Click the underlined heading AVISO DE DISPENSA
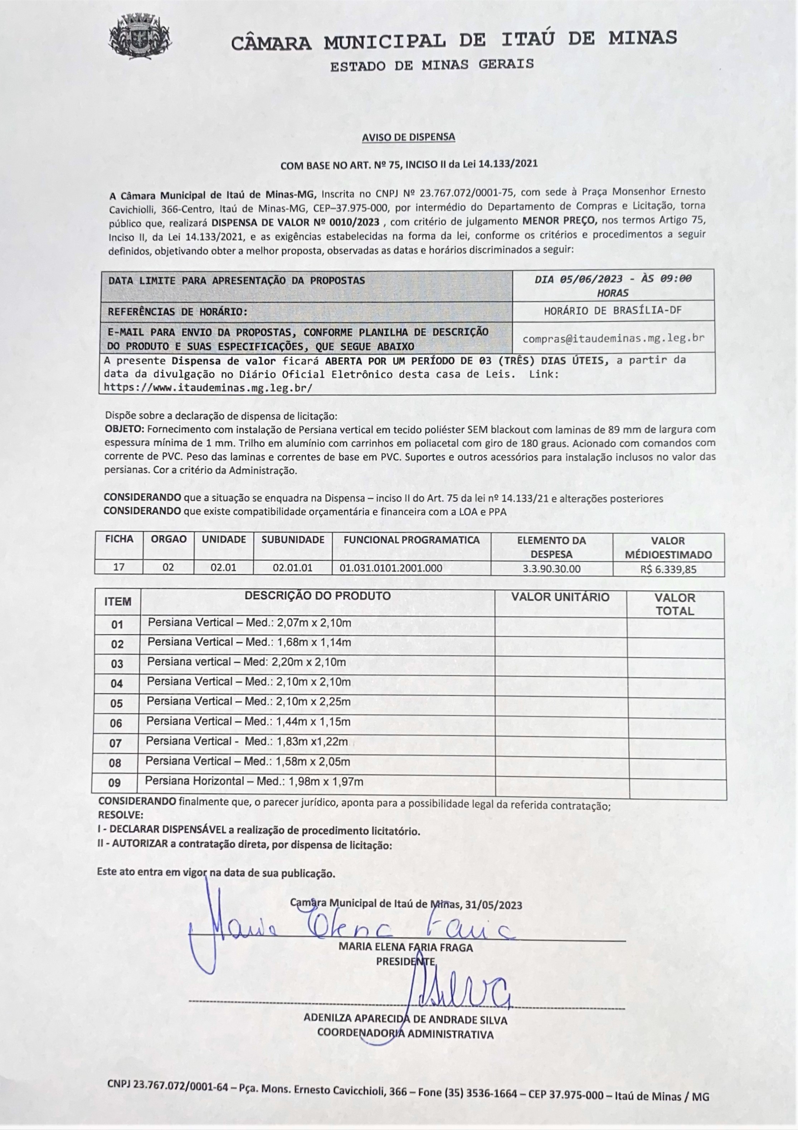(408, 138)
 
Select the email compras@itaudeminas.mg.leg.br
(613, 339)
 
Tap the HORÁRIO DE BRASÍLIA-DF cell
(613, 310)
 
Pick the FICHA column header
(119, 540)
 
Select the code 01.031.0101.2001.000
(391, 568)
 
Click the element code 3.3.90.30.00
(551, 569)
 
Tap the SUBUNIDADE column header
(293, 540)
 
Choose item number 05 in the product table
(117, 703)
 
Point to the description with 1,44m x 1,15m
(248, 722)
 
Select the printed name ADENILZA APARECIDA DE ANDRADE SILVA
(405, 1019)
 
